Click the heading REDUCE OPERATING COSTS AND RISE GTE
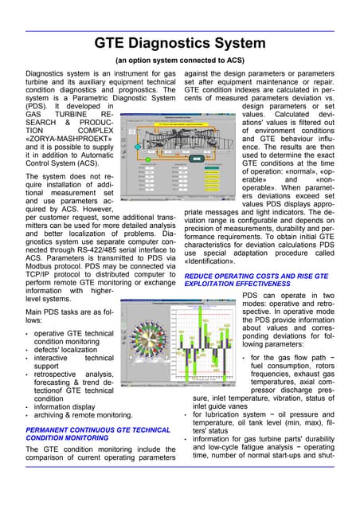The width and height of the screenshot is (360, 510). tap(265, 278)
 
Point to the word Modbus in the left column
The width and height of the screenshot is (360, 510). tap(22, 258)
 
